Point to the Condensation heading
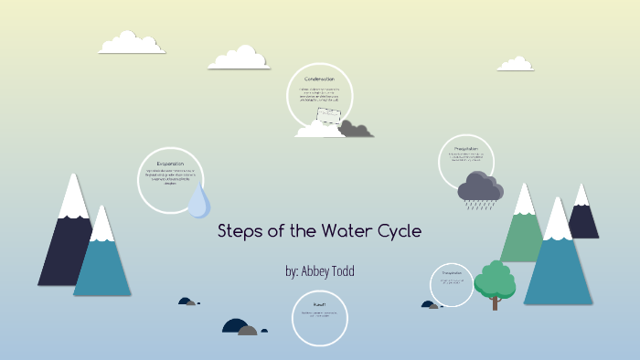(x=319, y=79)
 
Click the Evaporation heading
(x=170, y=164)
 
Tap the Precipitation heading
(x=466, y=148)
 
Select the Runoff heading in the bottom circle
(x=319, y=303)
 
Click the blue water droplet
(x=199, y=202)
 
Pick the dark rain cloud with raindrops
(x=479, y=187)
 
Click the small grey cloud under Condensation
(x=355, y=130)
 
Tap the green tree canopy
(x=494, y=279)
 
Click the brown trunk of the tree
(x=495, y=302)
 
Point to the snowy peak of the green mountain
(x=524, y=199)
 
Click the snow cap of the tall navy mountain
(x=73, y=196)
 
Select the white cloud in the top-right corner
(x=516, y=64)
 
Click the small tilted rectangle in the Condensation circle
(x=327, y=116)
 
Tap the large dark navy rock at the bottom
(x=236, y=325)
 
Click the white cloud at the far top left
(x=132, y=43)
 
